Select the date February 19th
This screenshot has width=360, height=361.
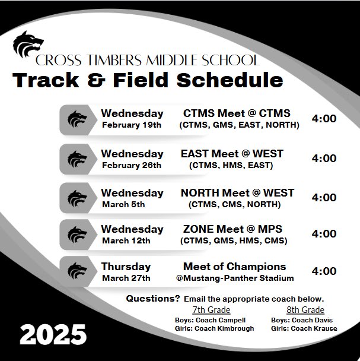click(x=131, y=125)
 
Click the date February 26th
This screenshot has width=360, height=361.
click(x=131, y=165)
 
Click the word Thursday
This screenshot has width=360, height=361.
click(x=126, y=267)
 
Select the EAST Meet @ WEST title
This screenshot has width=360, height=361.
click(x=231, y=154)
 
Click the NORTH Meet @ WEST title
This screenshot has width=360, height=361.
click(x=237, y=193)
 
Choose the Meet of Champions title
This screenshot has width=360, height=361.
click(x=234, y=267)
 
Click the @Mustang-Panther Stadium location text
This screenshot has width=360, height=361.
click(x=234, y=277)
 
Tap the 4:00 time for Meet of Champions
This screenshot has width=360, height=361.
click(x=324, y=271)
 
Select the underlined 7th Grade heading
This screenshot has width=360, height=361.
click(x=211, y=310)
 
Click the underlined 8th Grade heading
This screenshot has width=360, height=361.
click(x=305, y=310)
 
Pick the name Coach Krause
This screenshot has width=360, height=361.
click(x=317, y=328)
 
